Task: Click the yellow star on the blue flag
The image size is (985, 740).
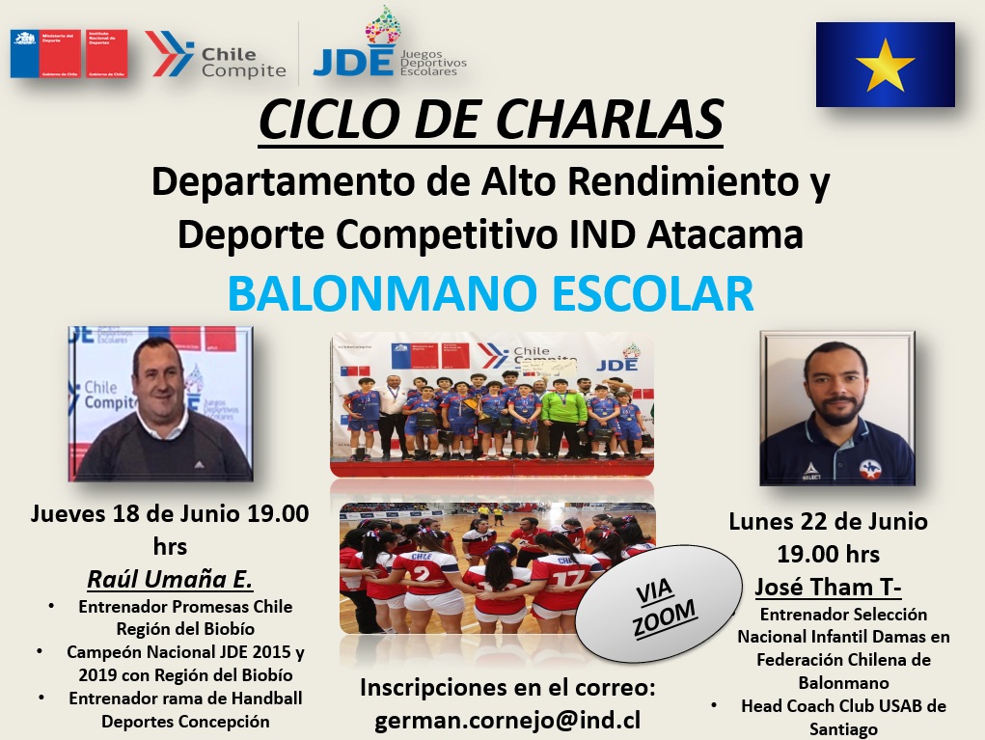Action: (885, 65)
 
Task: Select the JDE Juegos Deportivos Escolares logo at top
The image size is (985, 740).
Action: (389, 48)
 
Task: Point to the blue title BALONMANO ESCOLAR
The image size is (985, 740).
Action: (491, 292)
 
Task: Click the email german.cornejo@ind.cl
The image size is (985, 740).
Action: (507, 720)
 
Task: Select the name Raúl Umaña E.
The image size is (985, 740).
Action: (170, 579)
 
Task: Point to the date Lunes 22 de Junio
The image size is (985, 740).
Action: (828, 522)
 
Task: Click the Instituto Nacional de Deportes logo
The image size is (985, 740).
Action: (105, 53)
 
